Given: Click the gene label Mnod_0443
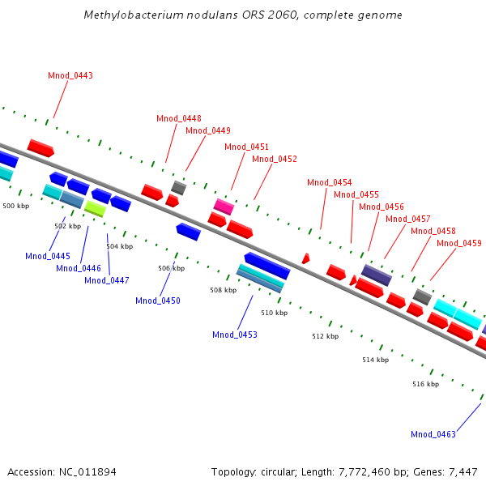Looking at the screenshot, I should (x=70, y=75).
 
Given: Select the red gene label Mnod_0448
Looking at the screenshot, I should (x=179, y=118).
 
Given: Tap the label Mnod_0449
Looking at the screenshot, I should (x=208, y=130).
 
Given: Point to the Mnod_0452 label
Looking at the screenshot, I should (x=275, y=159).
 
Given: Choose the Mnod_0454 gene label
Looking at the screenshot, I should (x=330, y=182).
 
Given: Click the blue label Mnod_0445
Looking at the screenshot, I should (x=48, y=256).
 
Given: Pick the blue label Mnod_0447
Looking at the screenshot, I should (x=107, y=280).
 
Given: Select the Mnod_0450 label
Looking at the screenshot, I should (x=158, y=301).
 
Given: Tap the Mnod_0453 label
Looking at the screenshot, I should (x=235, y=335).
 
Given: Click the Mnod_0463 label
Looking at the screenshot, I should (x=433, y=434).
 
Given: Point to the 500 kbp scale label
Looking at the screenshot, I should (x=16, y=207).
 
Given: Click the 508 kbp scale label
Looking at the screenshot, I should (x=223, y=290).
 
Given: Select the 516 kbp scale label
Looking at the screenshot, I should (x=425, y=384).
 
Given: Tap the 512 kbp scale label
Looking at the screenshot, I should (x=326, y=336).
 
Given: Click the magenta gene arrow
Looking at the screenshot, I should (x=224, y=207).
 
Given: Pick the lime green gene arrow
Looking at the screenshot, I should (x=95, y=209).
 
